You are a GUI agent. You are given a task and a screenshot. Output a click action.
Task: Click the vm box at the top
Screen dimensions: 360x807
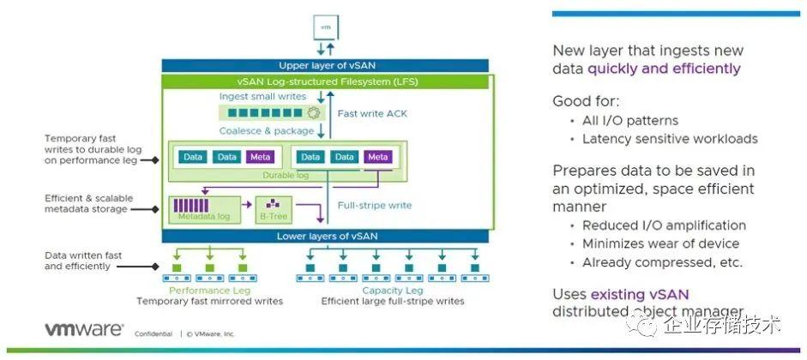click(x=325, y=27)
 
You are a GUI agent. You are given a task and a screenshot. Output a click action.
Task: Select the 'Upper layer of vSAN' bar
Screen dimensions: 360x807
click(x=324, y=65)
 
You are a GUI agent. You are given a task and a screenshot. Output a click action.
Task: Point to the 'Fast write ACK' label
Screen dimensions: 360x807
click(x=370, y=113)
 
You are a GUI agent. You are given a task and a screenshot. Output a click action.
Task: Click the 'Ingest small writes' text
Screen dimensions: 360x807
click(x=262, y=97)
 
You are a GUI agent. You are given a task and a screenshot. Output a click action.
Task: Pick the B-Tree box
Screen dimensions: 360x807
click(x=272, y=208)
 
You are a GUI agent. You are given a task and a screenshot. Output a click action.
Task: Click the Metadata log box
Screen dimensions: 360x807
click(x=202, y=207)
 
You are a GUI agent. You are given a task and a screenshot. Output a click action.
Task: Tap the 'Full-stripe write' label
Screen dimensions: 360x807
click(x=376, y=206)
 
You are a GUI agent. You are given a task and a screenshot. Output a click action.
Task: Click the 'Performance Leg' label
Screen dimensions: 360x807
click(x=209, y=291)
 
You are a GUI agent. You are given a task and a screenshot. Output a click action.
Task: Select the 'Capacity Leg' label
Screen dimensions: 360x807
click(x=392, y=291)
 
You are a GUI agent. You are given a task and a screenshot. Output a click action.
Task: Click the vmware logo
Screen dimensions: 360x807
click(x=84, y=331)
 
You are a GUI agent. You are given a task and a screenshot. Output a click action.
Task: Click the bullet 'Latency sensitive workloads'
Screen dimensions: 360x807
click(x=670, y=139)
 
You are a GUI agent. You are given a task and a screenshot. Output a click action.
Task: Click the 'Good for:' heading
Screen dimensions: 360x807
click(x=586, y=101)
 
